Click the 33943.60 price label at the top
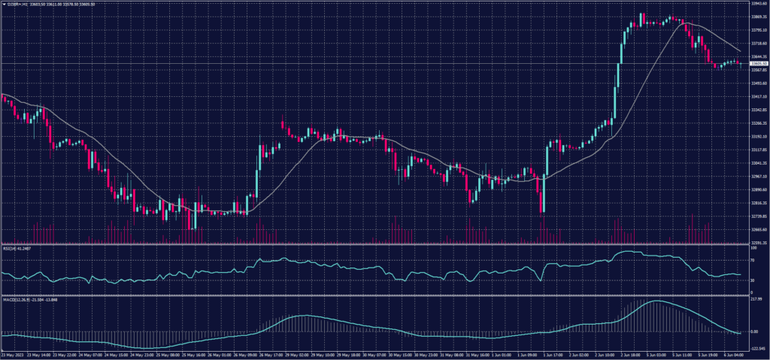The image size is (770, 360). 758,3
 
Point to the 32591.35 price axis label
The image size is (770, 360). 758,243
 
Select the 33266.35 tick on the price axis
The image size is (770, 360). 758,123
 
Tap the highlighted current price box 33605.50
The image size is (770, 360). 758,64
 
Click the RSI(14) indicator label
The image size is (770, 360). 17,247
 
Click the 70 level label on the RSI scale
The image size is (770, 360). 752,260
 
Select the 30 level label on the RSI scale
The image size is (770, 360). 752,280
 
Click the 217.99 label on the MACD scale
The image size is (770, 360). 756,299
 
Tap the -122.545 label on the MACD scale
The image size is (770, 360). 757,349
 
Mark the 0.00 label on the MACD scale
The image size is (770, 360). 754,331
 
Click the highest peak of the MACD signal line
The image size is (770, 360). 656,301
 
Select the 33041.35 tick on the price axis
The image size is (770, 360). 758,163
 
